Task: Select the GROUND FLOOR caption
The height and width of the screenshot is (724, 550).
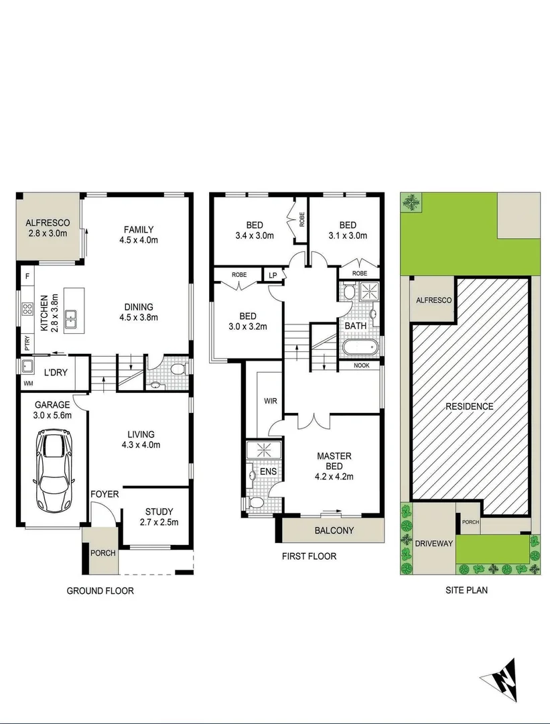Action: (100, 591)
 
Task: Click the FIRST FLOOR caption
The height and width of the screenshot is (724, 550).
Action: (309, 556)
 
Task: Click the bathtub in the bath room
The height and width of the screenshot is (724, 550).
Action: (359, 348)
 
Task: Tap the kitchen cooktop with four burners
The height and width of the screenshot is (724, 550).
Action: (28, 309)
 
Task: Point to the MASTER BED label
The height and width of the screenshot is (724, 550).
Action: (334, 461)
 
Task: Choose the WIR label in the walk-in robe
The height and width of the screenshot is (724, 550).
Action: (271, 402)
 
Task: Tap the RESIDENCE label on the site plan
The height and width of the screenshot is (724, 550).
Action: (469, 406)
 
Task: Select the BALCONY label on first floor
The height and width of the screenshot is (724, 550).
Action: (334, 530)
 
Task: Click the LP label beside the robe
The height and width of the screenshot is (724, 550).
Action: (273, 276)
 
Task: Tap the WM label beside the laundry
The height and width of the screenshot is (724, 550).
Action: (27, 383)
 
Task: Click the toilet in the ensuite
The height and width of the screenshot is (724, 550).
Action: (255, 502)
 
